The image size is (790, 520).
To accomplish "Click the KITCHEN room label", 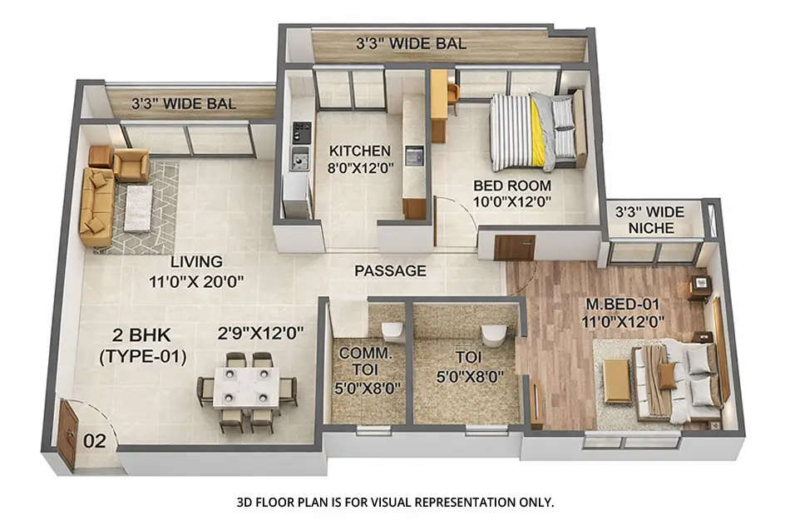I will point(359,151).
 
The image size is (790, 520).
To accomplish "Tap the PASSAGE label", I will point(390,270).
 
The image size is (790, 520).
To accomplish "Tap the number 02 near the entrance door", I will point(95,441).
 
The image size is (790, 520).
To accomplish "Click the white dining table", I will point(245,388).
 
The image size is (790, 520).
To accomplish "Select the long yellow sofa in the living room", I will point(95,207).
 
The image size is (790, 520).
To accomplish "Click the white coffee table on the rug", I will point(138,208).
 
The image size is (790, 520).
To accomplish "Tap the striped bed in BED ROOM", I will point(532,131).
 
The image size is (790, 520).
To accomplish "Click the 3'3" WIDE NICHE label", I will point(651,220).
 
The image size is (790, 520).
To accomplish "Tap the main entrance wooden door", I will point(67,433).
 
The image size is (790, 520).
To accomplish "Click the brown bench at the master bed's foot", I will point(616,380).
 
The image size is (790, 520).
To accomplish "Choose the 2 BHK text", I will point(141,337).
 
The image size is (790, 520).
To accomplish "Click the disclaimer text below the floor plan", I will point(395,502).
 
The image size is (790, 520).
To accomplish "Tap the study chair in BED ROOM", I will point(452,96).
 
